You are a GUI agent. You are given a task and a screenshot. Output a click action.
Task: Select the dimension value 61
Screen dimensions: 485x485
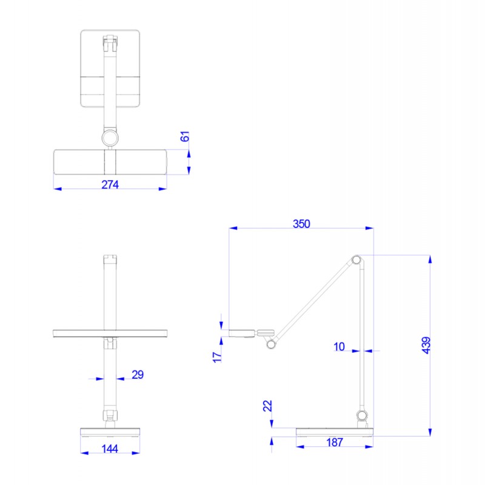186,138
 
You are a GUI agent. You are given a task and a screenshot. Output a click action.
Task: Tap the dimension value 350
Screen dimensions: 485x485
301,224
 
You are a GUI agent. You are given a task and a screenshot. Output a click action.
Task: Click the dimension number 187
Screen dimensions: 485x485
334,443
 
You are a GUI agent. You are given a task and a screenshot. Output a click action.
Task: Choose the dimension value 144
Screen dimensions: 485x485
110,449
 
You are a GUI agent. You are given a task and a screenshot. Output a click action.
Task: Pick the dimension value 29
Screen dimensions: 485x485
138,375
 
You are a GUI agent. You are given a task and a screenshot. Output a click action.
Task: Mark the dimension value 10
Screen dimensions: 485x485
339,347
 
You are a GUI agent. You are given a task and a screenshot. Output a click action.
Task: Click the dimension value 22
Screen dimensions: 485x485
267,406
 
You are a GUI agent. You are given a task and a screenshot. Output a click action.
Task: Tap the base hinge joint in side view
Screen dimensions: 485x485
362,415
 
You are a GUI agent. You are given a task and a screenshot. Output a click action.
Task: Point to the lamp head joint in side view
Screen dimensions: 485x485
271,344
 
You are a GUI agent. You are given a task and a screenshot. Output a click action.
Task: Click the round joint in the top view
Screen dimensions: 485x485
110,138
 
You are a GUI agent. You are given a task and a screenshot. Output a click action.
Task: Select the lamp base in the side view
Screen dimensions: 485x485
335,432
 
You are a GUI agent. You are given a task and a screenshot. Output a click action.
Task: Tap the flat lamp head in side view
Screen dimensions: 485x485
242,332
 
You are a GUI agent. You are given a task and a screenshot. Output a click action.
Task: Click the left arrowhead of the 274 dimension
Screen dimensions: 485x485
56,189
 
